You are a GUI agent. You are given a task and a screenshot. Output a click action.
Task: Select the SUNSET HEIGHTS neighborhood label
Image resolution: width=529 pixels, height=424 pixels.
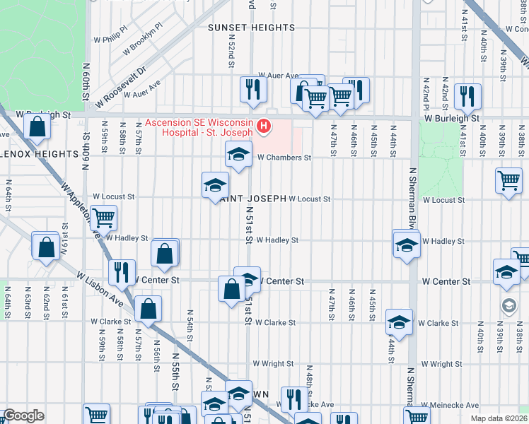(251, 28)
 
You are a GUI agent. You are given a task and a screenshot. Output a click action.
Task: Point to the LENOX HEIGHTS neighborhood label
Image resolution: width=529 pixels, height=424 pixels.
(39, 153)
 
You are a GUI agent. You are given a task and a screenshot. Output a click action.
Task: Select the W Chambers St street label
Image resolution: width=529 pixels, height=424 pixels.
(284, 158)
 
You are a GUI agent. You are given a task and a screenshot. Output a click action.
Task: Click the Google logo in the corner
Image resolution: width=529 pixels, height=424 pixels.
(23, 416)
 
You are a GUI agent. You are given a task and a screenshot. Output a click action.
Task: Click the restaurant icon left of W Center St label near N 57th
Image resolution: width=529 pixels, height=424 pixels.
(122, 271)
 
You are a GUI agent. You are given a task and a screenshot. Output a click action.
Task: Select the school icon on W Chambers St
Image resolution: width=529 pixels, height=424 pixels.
(239, 154)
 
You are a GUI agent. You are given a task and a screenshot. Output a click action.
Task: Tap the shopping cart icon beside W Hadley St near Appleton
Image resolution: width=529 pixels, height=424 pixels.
(104, 218)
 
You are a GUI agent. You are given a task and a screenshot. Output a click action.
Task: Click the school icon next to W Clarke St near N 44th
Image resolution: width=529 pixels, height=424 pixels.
(400, 322)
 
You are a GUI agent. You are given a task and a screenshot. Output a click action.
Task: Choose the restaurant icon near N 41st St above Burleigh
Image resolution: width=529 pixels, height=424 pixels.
(467, 95)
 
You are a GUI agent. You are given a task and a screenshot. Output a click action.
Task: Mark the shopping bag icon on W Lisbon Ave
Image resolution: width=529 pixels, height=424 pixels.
(148, 308)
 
